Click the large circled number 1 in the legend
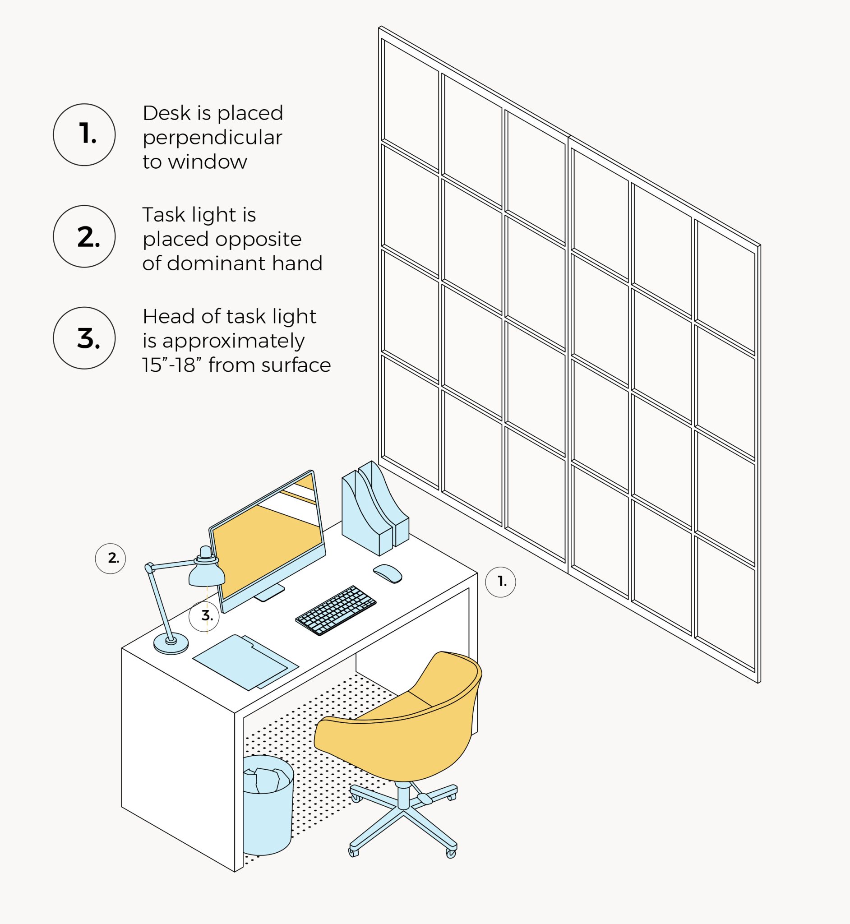click(84, 134)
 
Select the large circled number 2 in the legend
click(84, 236)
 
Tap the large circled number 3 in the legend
click(84, 338)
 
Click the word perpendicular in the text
click(212, 138)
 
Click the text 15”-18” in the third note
click(172, 365)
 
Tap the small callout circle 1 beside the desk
click(500, 582)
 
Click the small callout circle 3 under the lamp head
click(204, 616)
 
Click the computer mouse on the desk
click(388, 573)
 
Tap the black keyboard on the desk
click(336, 610)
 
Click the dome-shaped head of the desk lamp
click(207, 575)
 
